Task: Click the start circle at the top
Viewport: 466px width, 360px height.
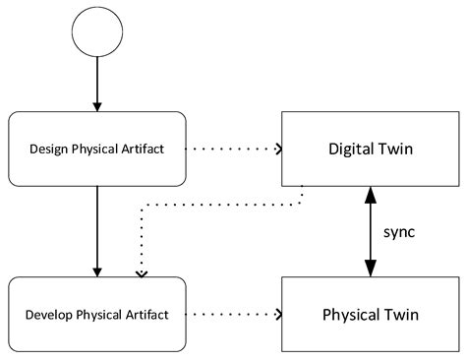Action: tap(96, 33)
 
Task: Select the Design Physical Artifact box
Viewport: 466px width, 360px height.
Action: tap(96, 150)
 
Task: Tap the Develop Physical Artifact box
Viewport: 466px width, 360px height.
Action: tap(96, 315)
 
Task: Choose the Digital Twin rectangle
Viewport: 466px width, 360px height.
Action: tap(371, 150)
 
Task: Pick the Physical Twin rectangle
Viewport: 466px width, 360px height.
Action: tap(371, 315)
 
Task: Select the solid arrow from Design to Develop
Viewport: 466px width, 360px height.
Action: tap(96, 231)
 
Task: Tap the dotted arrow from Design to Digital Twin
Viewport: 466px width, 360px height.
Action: tap(233, 150)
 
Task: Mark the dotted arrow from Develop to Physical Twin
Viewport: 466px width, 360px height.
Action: tap(233, 315)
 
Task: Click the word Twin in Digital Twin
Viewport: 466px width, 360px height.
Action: tap(396, 150)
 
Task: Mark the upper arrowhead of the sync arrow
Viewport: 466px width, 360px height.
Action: tap(371, 195)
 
